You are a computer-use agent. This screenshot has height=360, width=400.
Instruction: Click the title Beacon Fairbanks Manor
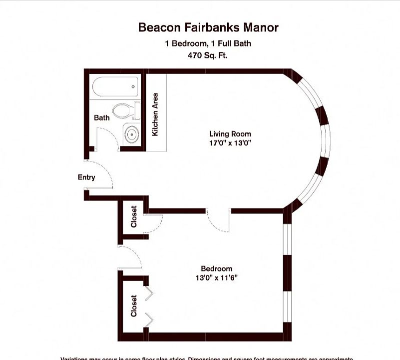pos(208,27)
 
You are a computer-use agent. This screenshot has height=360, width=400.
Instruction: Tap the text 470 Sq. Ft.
pos(208,55)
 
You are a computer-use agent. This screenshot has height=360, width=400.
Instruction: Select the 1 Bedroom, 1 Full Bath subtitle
pos(208,43)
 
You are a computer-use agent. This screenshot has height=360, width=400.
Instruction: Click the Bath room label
pos(102,118)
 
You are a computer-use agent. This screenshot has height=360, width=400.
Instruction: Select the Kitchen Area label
pos(155,114)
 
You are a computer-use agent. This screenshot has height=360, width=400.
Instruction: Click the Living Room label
pos(230,134)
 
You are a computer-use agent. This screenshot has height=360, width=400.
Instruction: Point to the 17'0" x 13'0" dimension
pos(230,143)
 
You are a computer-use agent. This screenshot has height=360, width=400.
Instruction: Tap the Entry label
pos(86,177)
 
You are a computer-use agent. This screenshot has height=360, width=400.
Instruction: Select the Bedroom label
pos(216,268)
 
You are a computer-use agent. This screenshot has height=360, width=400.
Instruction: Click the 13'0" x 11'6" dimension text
pos(216,278)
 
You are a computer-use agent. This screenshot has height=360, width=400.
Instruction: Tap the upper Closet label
pos(134,216)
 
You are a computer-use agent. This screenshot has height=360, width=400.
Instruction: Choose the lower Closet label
pos(134,305)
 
